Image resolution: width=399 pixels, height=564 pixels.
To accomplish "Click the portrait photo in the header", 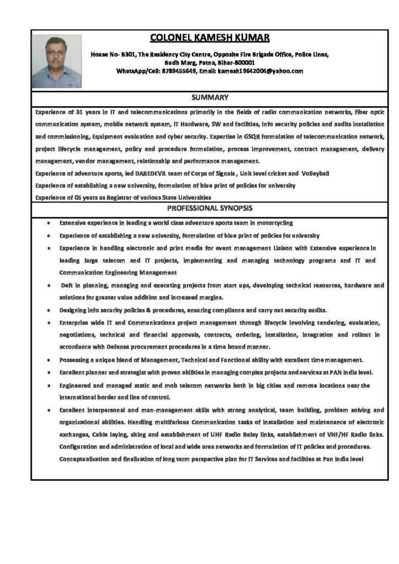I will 57,61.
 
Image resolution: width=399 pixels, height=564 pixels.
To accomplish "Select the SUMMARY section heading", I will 210,97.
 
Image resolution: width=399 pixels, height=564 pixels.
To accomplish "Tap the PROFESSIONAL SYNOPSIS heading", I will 210,209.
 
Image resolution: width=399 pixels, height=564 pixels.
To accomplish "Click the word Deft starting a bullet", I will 67,286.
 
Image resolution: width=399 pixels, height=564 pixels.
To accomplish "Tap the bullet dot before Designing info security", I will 50,310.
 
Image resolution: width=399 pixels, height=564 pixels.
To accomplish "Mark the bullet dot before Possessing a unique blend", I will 50,360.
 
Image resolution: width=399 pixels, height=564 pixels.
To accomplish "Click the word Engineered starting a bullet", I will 76,386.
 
